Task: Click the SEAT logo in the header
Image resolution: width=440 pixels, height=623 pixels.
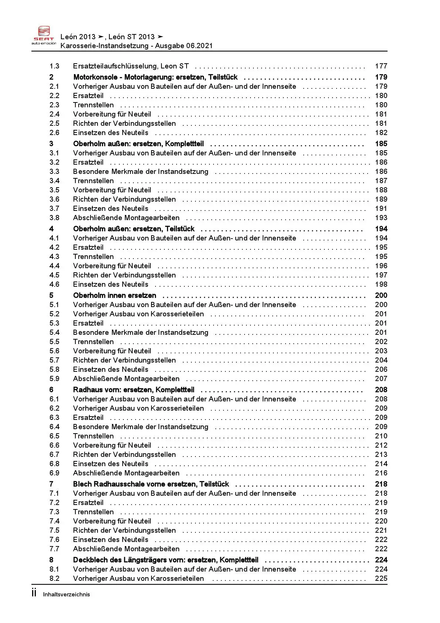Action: [44, 36]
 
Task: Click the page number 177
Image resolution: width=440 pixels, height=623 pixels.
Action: [381, 66]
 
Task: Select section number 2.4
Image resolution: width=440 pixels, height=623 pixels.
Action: [54, 114]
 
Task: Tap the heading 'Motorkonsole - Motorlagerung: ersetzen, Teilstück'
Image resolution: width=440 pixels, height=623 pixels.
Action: [155, 77]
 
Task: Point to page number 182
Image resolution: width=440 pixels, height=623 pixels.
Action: [381, 133]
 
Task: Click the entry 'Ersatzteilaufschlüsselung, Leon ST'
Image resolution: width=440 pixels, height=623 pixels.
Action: [131, 66]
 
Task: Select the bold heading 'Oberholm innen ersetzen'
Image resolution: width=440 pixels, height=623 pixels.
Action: [115, 296]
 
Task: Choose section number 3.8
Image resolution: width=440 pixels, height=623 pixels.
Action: [54, 218]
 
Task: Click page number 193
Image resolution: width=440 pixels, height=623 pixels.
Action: [381, 218]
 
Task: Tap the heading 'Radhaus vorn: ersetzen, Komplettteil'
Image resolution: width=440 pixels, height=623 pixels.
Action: [133, 390]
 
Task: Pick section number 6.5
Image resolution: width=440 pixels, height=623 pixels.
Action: [54, 436]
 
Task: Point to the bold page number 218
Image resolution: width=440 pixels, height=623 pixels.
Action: [381, 484]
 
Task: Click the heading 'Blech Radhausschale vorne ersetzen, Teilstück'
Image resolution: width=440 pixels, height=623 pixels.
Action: [151, 484]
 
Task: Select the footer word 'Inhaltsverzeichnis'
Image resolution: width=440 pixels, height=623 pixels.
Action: [66, 595]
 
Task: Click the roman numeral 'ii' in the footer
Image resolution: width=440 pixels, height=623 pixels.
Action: [34, 593]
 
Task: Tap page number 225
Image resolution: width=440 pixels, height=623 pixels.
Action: [381, 579]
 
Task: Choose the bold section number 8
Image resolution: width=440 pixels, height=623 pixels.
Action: [51, 560]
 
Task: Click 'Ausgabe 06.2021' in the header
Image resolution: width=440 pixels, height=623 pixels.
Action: [184, 46]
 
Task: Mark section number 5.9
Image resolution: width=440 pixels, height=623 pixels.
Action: [54, 379]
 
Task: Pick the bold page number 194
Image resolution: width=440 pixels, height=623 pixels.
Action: [381, 229]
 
